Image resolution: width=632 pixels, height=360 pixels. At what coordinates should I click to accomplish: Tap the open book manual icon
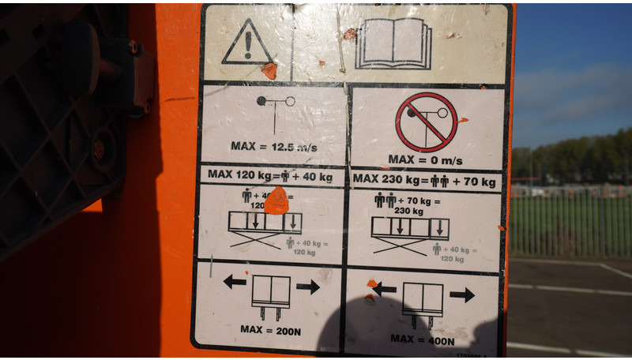393,43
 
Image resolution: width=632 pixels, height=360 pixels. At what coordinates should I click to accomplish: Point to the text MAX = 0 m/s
425,159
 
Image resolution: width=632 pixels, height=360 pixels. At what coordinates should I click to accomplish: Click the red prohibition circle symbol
427,122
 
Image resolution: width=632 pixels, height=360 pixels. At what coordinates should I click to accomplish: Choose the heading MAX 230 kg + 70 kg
425,180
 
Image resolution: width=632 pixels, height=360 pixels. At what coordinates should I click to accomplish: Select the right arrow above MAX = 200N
308,286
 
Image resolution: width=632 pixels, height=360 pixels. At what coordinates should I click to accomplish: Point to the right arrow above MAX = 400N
462,294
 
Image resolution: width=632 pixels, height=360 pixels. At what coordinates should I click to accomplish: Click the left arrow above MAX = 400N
384,290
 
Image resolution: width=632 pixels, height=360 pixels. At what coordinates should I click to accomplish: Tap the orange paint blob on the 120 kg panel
276,201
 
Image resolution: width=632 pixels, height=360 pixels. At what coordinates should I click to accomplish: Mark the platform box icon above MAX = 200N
271,294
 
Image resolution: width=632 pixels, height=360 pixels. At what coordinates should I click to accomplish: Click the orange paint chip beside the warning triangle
269,71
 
